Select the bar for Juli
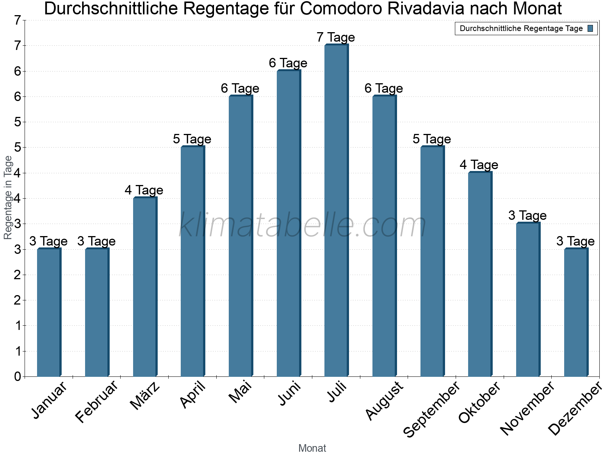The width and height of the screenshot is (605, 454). tap(336, 210)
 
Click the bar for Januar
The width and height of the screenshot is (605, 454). tap(49, 313)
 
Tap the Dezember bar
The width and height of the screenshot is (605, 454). tap(576, 313)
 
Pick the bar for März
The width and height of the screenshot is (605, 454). tap(145, 287)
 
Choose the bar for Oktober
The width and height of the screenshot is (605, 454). tap(480, 274)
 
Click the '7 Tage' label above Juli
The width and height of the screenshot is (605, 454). tap(336, 37)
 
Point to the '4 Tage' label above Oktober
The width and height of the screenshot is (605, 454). tap(479, 165)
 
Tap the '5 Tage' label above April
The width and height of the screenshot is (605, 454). tap(192, 139)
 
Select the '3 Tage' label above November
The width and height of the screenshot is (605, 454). tap(527, 216)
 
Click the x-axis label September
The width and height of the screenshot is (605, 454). tap(431, 409)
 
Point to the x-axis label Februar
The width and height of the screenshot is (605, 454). tap(97, 402)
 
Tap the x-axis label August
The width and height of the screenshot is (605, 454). tap(385, 400)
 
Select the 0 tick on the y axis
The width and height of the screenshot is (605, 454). tap(17, 377)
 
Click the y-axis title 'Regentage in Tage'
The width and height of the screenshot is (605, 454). tap(8, 197)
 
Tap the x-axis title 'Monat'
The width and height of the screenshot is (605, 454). tap(312, 448)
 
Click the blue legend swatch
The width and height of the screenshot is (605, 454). tap(590, 28)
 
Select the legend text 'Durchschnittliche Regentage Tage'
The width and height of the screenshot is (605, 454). tap(521, 28)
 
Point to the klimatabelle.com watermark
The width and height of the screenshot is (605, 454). tap(302, 225)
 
